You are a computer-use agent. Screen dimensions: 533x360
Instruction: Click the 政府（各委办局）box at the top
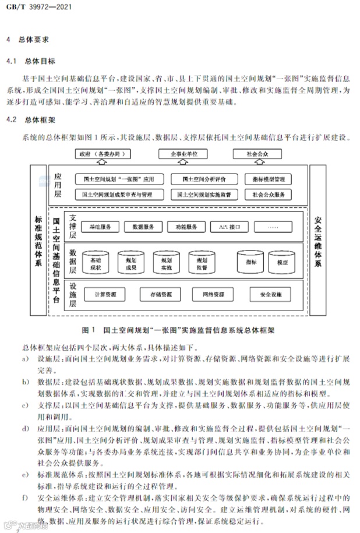click(103, 154)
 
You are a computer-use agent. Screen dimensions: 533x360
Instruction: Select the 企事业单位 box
click(185, 154)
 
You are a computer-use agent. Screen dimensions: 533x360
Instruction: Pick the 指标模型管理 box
click(269, 179)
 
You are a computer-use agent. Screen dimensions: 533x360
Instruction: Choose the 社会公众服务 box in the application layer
click(269, 195)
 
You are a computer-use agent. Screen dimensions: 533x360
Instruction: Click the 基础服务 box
click(104, 226)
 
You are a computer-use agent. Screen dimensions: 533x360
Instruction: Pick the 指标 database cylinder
click(251, 263)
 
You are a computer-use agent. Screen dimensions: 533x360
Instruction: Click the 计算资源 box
click(104, 295)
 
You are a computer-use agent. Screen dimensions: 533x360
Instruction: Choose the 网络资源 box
click(214, 295)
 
